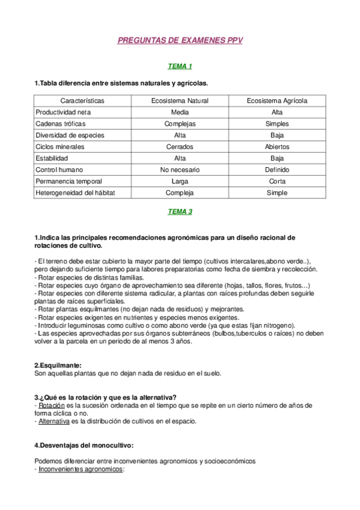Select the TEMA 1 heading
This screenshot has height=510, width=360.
[180, 66]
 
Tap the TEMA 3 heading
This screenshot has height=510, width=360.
[180, 212]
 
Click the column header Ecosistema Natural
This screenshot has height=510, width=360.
[180, 100]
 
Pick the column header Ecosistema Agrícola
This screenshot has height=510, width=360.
[277, 100]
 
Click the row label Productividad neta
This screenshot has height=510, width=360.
[63, 112]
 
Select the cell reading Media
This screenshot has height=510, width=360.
[180, 112]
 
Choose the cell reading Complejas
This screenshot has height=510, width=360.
[180, 123]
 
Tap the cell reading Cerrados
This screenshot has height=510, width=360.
[180, 147]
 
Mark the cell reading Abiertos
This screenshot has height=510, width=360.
[277, 147]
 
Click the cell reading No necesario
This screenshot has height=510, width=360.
[180, 170]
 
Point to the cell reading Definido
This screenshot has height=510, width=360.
[277, 170]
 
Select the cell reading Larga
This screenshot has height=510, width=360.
[180, 182]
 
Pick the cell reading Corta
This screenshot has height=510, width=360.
[277, 182]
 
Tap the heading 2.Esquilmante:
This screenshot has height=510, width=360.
[58, 365]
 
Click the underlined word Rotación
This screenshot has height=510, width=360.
[52, 405]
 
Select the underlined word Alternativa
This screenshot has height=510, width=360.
[54, 421]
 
